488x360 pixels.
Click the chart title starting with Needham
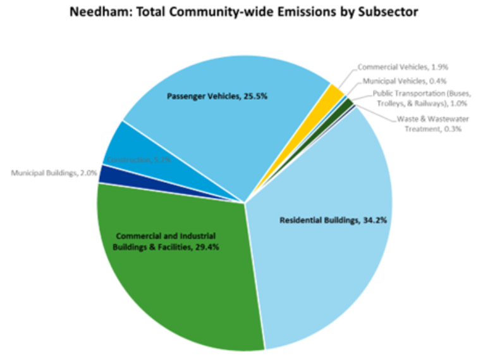pos(243,13)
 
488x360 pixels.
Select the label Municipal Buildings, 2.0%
pos(52,172)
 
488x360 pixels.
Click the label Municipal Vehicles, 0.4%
pos(405,81)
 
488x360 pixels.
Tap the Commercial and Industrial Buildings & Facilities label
pos(166,241)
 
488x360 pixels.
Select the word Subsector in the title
pos(387,13)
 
